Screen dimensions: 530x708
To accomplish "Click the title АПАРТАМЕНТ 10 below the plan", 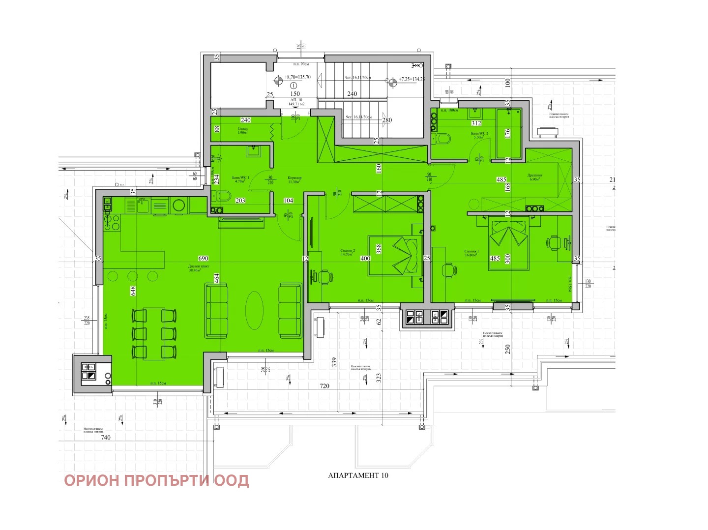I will [x=358, y=475].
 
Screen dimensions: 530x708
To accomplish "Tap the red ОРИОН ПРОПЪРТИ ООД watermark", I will [x=156, y=480].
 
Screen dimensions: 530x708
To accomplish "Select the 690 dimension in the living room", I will [x=203, y=258].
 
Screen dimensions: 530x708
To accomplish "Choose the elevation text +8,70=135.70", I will [x=297, y=77].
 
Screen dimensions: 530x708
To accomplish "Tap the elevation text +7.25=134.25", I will [x=412, y=79].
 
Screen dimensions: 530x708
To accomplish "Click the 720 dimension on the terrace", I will [x=324, y=386].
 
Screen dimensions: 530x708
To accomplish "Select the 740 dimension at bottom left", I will [x=106, y=437].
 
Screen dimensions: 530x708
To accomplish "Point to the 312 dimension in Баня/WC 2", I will [x=476, y=123].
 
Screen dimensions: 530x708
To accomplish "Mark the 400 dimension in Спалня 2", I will [x=365, y=259].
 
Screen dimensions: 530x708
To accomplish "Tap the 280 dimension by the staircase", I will [x=387, y=120].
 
